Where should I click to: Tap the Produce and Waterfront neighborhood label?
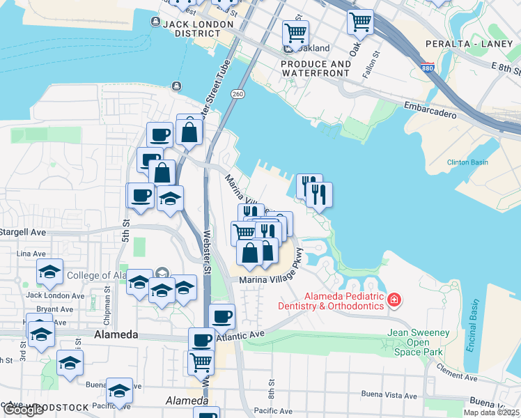tap(316, 68)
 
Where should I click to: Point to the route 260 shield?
tap(238, 94)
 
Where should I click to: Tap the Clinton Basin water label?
tap(467, 163)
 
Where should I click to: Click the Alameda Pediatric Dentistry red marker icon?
tap(394, 300)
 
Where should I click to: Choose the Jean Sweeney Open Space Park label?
tap(418, 343)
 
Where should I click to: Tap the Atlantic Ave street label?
tap(240, 335)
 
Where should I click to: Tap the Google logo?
tap(23, 410)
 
